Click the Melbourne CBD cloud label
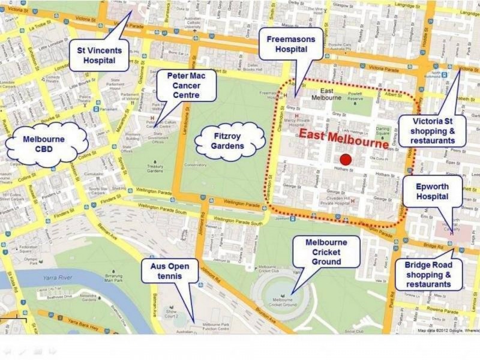44,145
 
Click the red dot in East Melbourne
345,160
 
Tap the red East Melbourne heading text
344,136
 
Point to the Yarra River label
58,278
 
